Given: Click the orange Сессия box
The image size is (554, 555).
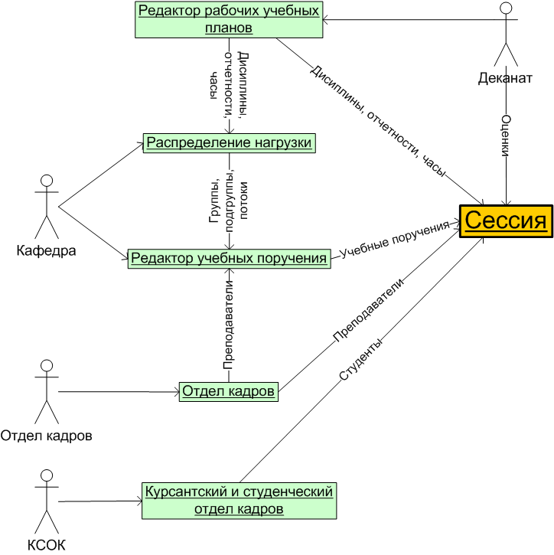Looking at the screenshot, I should pyautogui.click(x=506, y=221).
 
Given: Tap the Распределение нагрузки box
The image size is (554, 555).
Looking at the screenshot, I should pyautogui.click(x=229, y=143).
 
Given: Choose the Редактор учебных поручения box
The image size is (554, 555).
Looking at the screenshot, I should pyautogui.click(x=229, y=258).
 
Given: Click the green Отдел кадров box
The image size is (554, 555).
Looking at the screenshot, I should pyautogui.click(x=228, y=391).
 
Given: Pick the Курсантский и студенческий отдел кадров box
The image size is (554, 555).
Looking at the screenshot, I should pyautogui.click(x=238, y=499).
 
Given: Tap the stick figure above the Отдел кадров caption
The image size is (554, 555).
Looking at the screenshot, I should pyautogui.click(x=47, y=390).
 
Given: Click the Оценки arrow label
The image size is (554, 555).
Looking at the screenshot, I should pyautogui.click(x=506, y=136).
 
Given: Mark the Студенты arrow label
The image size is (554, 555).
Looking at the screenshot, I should pyautogui.click(x=358, y=361).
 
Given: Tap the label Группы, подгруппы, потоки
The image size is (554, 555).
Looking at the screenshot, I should pyautogui.click(x=229, y=196).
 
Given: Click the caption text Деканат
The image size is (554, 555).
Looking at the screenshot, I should pyautogui.click(x=505, y=77).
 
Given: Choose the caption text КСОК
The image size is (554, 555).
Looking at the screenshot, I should pyautogui.click(x=47, y=545).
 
